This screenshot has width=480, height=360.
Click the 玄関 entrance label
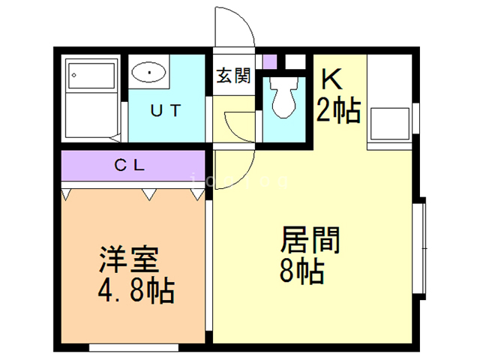[233, 76]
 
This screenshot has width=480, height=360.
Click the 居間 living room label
[310, 241]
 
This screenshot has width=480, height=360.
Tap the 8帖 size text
[301, 270]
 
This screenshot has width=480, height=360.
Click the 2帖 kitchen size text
[338, 110]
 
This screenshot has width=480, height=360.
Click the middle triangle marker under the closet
[148, 195]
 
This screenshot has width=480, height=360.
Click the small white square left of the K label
[295, 61]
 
